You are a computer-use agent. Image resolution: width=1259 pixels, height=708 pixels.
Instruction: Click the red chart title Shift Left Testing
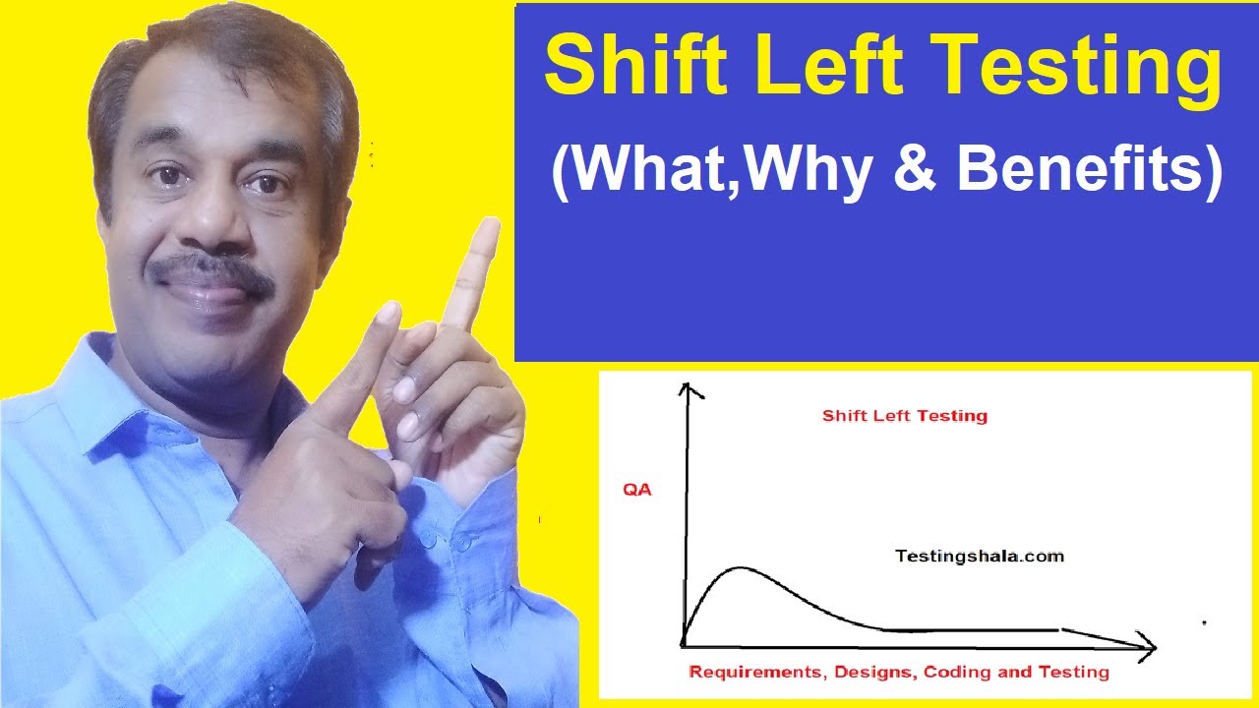904,416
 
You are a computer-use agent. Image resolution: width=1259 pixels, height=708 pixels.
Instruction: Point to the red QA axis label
635,490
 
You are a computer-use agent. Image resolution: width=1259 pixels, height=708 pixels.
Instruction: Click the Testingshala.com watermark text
979,556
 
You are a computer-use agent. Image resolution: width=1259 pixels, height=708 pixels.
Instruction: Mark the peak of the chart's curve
738,568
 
